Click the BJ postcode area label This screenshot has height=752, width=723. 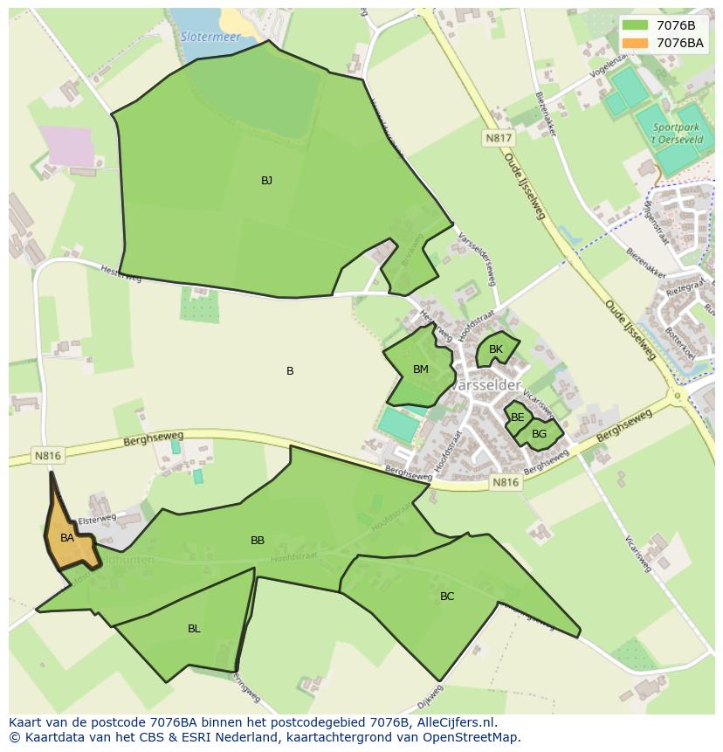266,181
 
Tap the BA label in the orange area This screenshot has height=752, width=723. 67,538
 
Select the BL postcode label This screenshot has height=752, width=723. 194,629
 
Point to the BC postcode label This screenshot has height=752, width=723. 447,597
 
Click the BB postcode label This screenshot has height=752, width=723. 258,541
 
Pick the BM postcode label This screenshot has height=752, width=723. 421,369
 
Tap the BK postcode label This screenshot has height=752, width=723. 496,349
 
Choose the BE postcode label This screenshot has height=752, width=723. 518,417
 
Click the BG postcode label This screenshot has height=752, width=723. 539,433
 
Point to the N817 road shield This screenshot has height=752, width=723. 499,138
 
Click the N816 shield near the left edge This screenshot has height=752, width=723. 48,455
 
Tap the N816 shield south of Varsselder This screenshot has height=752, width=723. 505,482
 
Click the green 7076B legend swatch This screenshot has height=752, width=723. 635,25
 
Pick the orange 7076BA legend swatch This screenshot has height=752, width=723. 635,42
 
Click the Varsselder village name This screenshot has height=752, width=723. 489,385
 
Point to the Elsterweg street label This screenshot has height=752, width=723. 97,519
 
